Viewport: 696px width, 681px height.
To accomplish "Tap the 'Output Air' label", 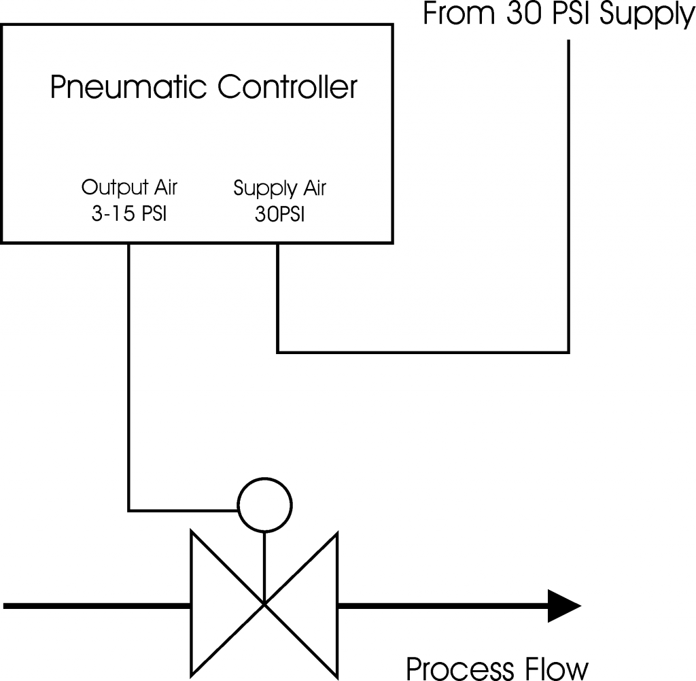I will [x=129, y=187].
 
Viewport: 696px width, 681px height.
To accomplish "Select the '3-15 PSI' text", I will [x=129, y=214].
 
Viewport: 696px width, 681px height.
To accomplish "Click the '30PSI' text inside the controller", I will [x=279, y=215].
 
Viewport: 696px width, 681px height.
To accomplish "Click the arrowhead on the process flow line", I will [x=563, y=604].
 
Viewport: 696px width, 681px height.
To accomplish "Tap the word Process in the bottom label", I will [x=462, y=667].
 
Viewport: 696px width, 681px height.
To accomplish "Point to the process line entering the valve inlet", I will [x=95, y=604].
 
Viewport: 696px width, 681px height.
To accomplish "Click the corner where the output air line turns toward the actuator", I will [x=128, y=510].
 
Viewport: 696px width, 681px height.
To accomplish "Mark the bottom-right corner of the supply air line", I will [x=568, y=353].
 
